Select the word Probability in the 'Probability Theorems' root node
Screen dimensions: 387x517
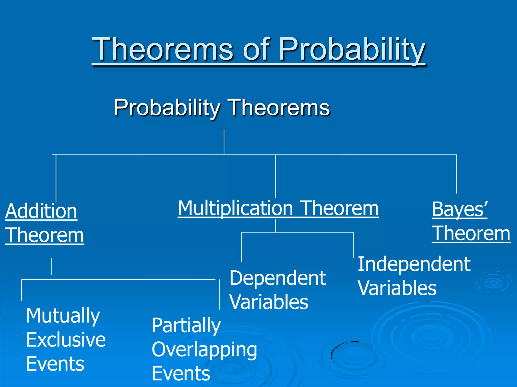click(x=167, y=108)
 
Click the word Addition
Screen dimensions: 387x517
click(x=41, y=211)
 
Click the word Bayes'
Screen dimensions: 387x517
click(x=460, y=209)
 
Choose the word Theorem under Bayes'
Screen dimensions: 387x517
click(x=471, y=234)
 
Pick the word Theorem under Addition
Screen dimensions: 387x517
click(x=44, y=235)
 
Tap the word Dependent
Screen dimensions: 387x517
click(x=278, y=278)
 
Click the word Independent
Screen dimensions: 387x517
click(x=414, y=264)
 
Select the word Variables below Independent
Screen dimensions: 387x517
click(x=397, y=288)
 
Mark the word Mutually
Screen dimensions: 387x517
click(x=63, y=316)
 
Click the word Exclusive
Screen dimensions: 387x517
click(x=66, y=340)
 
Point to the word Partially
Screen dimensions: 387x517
click(x=186, y=326)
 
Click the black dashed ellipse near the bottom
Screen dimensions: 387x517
click(x=332, y=353)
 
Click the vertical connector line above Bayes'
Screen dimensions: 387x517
click(x=457, y=174)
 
